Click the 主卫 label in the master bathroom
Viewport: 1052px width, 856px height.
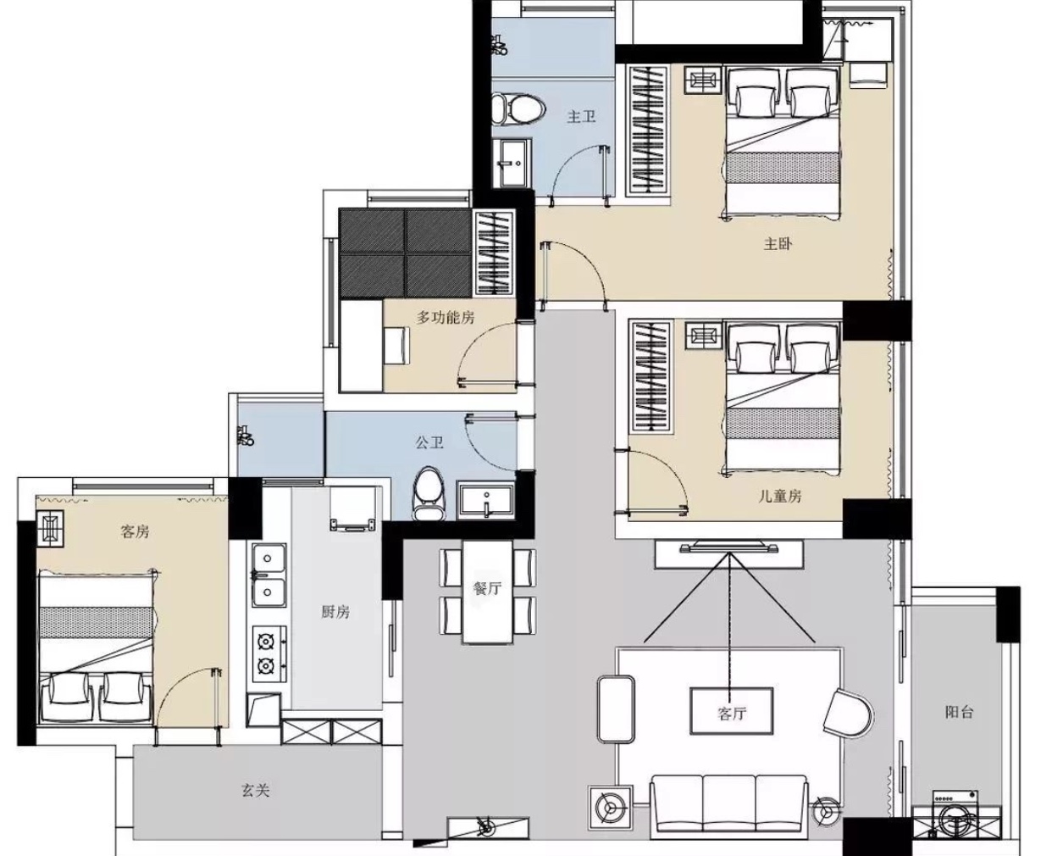tap(581, 117)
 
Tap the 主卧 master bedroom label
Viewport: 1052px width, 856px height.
tap(778, 243)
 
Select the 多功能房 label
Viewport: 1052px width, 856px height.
tap(446, 317)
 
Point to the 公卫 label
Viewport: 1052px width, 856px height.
tap(429, 442)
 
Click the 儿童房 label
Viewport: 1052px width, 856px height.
tap(780, 496)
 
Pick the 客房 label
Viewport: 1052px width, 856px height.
tap(135, 531)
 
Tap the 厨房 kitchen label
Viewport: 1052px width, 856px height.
tap(335, 613)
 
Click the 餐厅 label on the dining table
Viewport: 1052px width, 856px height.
tap(487, 588)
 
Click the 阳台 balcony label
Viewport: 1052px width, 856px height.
tap(959, 712)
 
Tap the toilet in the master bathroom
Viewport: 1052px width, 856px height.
tap(518, 108)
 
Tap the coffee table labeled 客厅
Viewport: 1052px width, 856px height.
tap(732, 711)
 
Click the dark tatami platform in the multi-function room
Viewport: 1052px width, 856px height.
tap(405, 253)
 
